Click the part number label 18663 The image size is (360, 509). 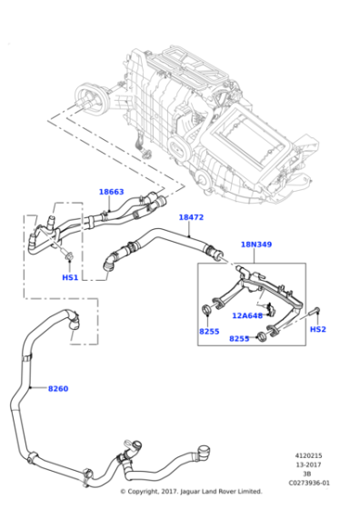click(111, 192)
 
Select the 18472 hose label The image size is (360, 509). click(191, 217)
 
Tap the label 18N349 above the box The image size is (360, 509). click(255, 245)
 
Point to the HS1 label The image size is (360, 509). click(70, 277)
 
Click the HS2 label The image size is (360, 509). click(317, 329)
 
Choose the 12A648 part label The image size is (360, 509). click(246, 315)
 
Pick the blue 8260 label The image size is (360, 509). click(57, 389)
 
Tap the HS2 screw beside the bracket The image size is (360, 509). click(315, 312)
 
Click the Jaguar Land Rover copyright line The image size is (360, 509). click(191, 492)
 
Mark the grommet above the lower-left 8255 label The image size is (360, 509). click(207, 314)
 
